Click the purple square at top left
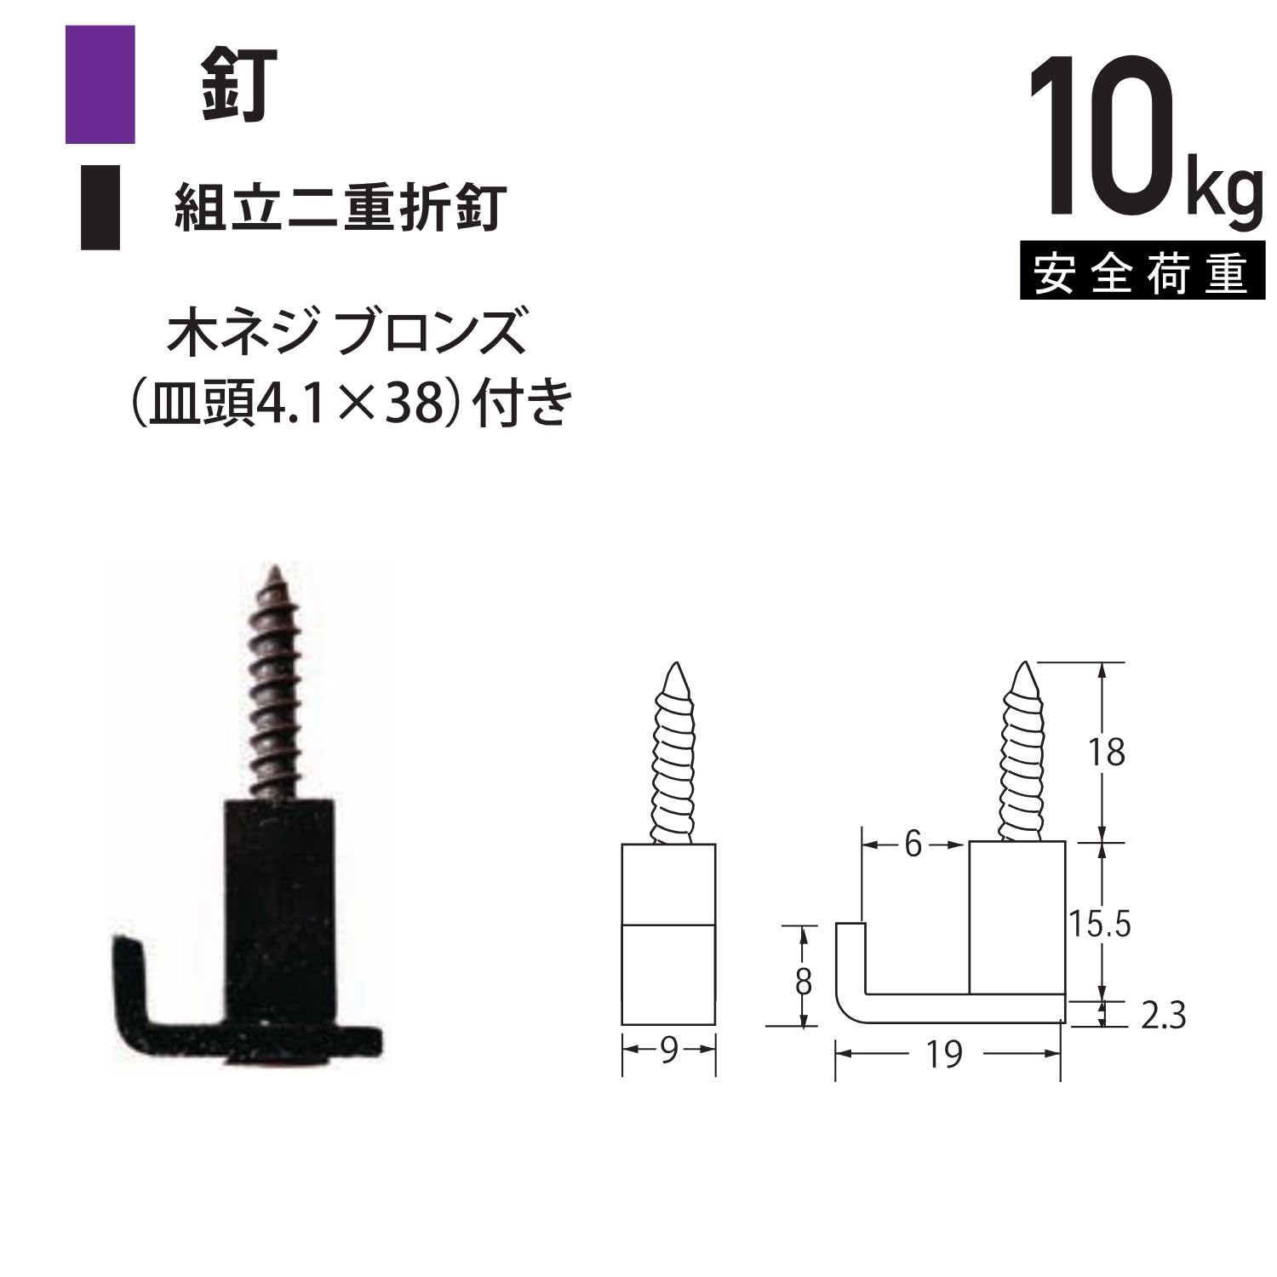[100, 84]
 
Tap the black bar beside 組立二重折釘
[100, 208]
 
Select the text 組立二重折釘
[340, 207]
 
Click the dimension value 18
[1106, 753]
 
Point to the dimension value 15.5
[1099, 924]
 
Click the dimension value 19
[945, 1054]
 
